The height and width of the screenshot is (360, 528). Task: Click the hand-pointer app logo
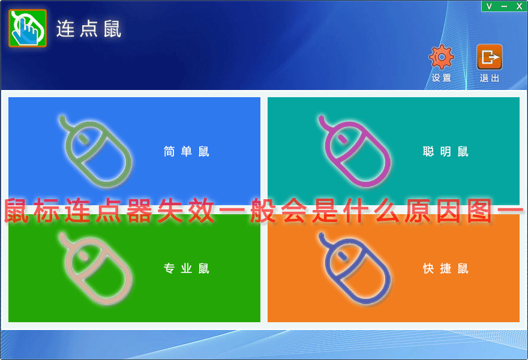[28, 28]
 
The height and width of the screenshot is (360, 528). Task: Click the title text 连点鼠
[89, 29]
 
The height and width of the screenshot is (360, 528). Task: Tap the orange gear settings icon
[441, 57]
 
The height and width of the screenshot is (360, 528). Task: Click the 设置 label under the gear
[441, 78]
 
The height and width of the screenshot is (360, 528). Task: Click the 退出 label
[489, 78]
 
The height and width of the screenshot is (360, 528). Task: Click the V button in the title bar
[489, 7]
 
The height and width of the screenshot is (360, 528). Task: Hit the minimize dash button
[504, 7]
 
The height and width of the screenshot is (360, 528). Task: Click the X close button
[519, 7]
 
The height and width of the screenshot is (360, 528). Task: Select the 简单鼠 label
[186, 152]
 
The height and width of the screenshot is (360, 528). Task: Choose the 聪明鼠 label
[445, 152]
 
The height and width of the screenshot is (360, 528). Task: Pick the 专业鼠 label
[186, 268]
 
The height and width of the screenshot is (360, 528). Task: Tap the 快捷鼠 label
[445, 268]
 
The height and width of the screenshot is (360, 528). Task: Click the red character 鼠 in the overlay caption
[16, 211]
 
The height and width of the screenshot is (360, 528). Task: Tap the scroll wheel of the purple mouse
[342, 139]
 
